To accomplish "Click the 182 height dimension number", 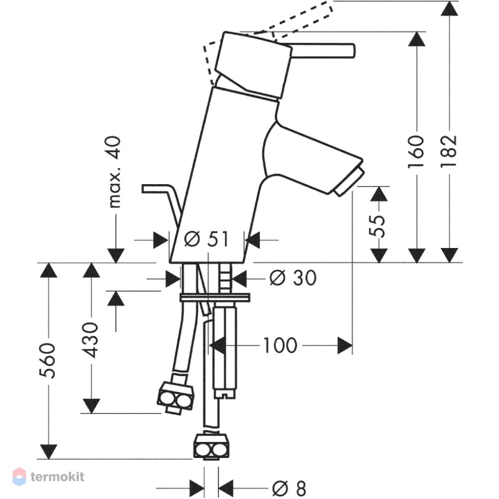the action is click(x=449, y=152).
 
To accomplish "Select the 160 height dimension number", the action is click(x=417, y=152).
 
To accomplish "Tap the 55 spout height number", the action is click(x=377, y=226).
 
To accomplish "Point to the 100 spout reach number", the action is click(x=280, y=345).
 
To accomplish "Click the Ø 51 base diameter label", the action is click(x=206, y=239).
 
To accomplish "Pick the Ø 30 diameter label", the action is click(x=293, y=277).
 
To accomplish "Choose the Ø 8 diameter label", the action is click(x=289, y=488).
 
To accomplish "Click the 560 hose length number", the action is click(x=48, y=361).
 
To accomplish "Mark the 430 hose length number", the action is click(x=91, y=340).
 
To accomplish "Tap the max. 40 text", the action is click(x=115, y=172).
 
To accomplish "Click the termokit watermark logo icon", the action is click(x=19, y=477).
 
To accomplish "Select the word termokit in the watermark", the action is click(x=57, y=477).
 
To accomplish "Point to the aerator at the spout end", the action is click(x=349, y=182).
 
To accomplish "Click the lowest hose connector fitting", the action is click(x=211, y=446).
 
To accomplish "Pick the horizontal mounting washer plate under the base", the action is click(x=215, y=298).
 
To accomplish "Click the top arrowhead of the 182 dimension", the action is click(x=449, y=8).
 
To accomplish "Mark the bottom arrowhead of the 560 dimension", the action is click(x=48, y=451).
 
